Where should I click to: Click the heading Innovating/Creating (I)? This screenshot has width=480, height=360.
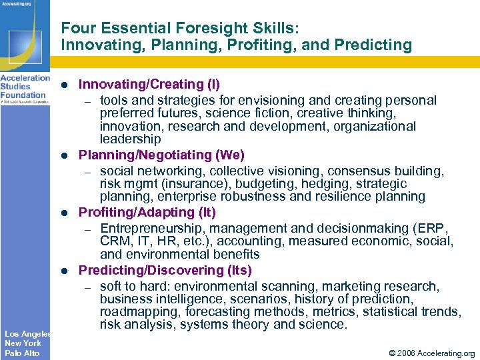tap(149, 85)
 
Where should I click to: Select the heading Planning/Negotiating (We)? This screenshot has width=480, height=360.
tap(161, 155)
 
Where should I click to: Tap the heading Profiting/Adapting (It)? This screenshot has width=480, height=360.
tap(147, 213)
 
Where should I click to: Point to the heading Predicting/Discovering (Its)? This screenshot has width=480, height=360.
tap(165, 270)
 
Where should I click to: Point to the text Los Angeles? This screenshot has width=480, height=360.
tap(27, 333)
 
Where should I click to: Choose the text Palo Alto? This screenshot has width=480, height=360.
tap(22, 353)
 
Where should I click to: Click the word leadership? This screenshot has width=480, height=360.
tap(130, 139)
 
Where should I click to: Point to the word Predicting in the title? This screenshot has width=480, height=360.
tap(375, 45)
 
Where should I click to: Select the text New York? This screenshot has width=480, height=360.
tap(23, 343)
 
